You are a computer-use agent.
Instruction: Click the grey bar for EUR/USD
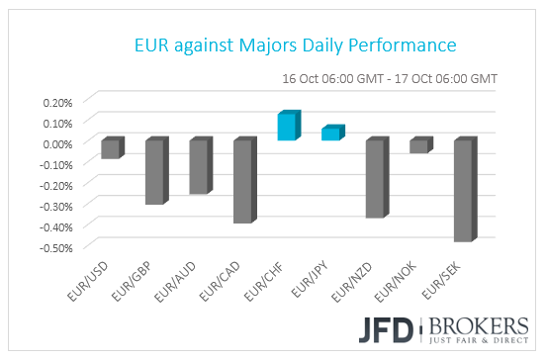click(x=110, y=148)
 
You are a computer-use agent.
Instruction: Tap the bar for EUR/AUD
click(x=198, y=166)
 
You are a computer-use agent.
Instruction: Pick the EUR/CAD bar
click(x=242, y=181)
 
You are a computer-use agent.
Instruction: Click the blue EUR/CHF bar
click(x=286, y=127)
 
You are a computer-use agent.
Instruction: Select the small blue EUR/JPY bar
click(x=330, y=134)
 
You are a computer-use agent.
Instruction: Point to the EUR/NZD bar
click(x=375, y=178)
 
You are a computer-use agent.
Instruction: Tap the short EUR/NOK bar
click(x=418, y=145)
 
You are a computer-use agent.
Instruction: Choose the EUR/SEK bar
click(x=463, y=190)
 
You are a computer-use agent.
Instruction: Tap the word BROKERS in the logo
click(x=473, y=324)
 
